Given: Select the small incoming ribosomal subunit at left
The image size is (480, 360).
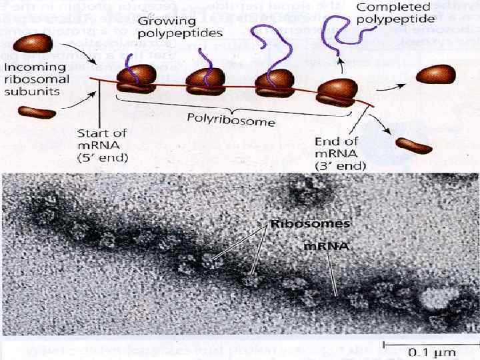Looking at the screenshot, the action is click(x=37, y=111).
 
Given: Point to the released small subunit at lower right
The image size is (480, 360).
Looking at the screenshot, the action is click(x=413, y=144).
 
